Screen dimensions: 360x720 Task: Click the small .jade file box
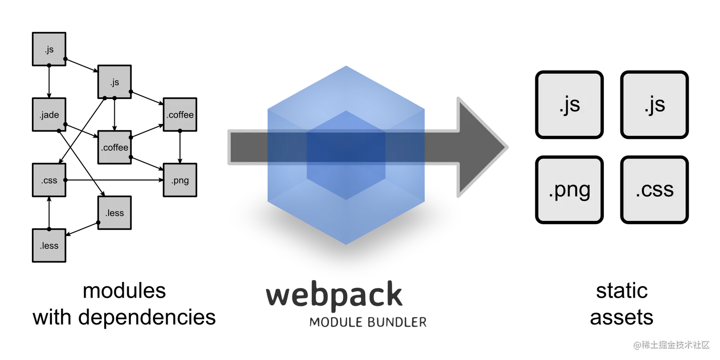[49, 115]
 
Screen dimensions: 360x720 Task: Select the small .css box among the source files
[49, 180]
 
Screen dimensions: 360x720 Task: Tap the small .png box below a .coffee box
[180, 180]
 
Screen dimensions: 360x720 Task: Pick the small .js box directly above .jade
[49, 49]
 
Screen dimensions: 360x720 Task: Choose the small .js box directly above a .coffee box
[115, 82]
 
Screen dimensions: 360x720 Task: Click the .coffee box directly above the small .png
[180, 115]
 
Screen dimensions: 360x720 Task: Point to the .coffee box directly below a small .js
[115, 148]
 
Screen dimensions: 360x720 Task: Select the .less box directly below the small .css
[49, 246]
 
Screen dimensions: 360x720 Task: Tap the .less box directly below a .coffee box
[115, 213]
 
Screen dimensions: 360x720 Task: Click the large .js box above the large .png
[570, 105]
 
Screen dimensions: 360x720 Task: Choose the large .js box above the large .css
[654, 105]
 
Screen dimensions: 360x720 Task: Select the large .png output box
[570, 190]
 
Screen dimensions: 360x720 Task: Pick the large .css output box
[654, 190]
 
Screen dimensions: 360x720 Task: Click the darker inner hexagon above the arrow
[346, 121]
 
